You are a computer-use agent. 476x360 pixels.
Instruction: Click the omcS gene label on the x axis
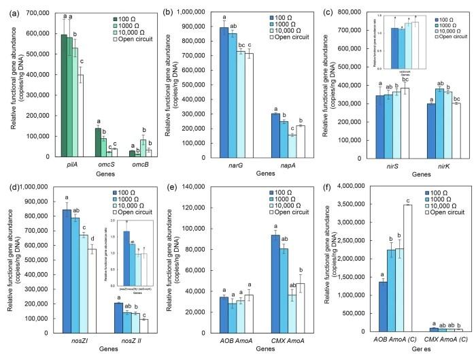[x=102, y=163]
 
